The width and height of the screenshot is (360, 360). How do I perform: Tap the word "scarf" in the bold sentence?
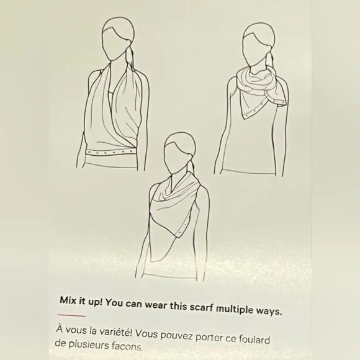pyautogui.click(x=201, y=307)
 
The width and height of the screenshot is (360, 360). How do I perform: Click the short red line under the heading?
pyautogui.click(x=71, y=315)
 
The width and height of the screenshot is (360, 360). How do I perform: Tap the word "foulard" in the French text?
pyautogui.click(x=254, y=340)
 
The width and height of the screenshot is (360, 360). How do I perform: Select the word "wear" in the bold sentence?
pyautogui.click(x=156, y=305)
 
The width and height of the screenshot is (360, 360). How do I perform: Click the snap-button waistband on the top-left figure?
pyautogui.click(x=109, y=152)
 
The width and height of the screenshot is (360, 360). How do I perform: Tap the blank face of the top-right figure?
pyautogui.click(x=254, y=49)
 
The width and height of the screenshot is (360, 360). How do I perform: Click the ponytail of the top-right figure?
pyautogui.click(x=271, y=56)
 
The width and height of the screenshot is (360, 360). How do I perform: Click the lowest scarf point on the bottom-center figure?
pyautogui.click(x=151, y=261)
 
